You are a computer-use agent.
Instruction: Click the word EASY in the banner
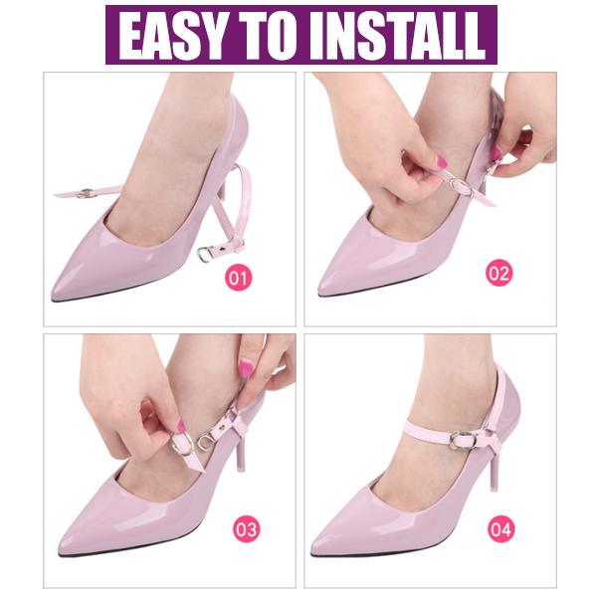click(178, 36)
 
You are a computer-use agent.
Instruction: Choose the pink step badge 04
click(500, 528)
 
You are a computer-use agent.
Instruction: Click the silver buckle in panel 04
click(462, 438)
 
